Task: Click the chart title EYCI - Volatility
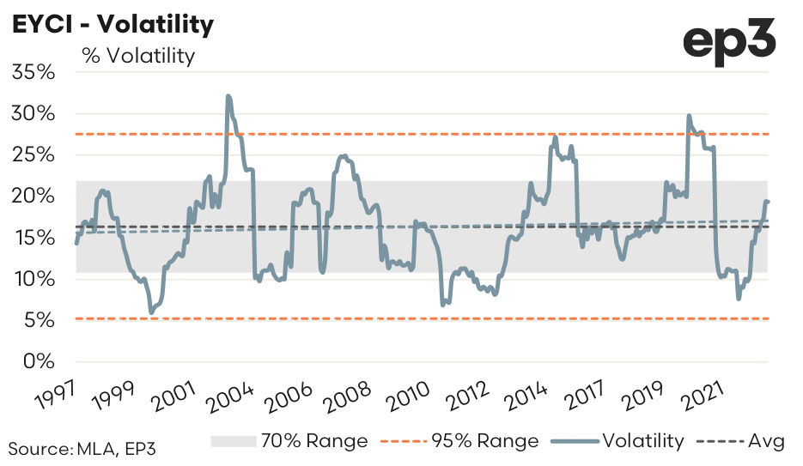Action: pyautogui.click(x=112, y=25)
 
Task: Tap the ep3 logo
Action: pyautogui.click(x=730, y=40)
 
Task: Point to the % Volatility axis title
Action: pyautogui.click(x=138, y=56)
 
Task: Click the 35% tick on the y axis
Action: pyautogui.click(x=35, y=72)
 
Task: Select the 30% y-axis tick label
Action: pyautogui.click(x=35, y=113)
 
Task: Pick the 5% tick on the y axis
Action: pyautogui.click(x=41, y=320)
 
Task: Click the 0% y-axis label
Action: pyautogui.click(x=41, y=361)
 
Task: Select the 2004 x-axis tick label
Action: pyautogui.click(x=228, y=396)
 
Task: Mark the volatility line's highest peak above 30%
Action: pyautogui.click(x=228, y=96)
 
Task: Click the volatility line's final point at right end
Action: pyautogui.click(x=767, y=202)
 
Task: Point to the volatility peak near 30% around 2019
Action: pyautogui.click(x=689, y=116)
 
